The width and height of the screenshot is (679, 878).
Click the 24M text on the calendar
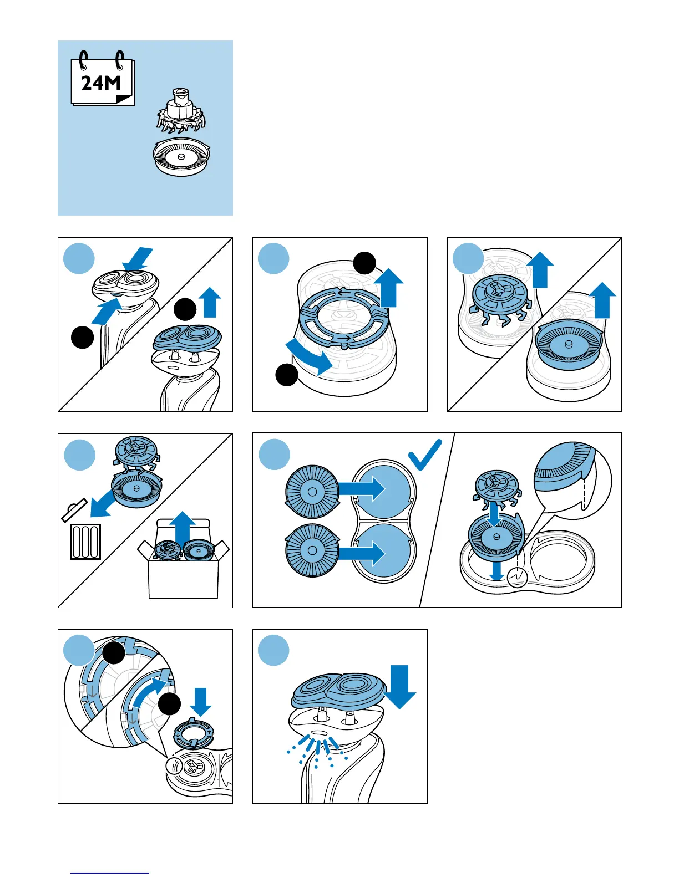101,83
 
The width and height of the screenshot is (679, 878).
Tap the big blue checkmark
425,455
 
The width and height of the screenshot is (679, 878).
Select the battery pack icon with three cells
85,542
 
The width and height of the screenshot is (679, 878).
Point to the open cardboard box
183,571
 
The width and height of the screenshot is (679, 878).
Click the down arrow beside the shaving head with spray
399,686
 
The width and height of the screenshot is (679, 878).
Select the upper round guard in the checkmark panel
312,492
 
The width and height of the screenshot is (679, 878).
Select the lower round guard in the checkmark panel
312,550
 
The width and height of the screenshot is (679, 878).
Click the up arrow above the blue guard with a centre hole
603,300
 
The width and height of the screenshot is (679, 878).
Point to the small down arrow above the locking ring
200,702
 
